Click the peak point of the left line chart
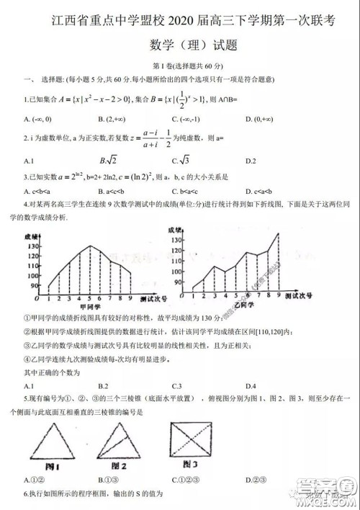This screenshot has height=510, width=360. pyautogui.click(x=90, y=246)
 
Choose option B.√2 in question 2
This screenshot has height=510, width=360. pyautogui.click(x=108, y=160)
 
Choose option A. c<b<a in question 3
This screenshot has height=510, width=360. pyautogui.click(x=35, y=192)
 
